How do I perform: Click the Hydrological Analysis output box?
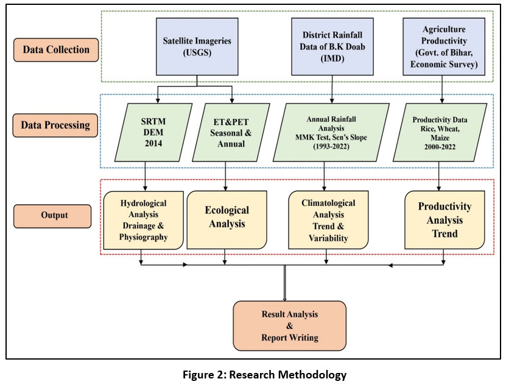pos(144,219)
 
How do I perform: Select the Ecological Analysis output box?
pos(226,219)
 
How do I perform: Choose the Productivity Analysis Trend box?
pos(445,219)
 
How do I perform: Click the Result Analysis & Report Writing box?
pos(289,325)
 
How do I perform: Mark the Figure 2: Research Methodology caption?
pos(264,375)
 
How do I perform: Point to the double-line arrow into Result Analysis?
pos(285,283)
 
